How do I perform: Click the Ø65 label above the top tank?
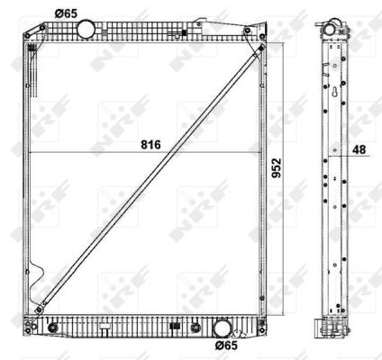pos(66,13)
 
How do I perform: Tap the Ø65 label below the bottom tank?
pos(226,346)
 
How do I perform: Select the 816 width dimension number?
pos(150,145)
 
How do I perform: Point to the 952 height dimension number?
pos(277,167)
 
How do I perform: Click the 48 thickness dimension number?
pos(359,149)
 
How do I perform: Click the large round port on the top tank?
pos(86,29)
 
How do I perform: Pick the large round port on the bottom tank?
pos(223,328)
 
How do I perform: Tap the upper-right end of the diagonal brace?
pos(261,48)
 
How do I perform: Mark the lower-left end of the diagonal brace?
pos(39,310)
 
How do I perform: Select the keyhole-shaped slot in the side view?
pos(335,92)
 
